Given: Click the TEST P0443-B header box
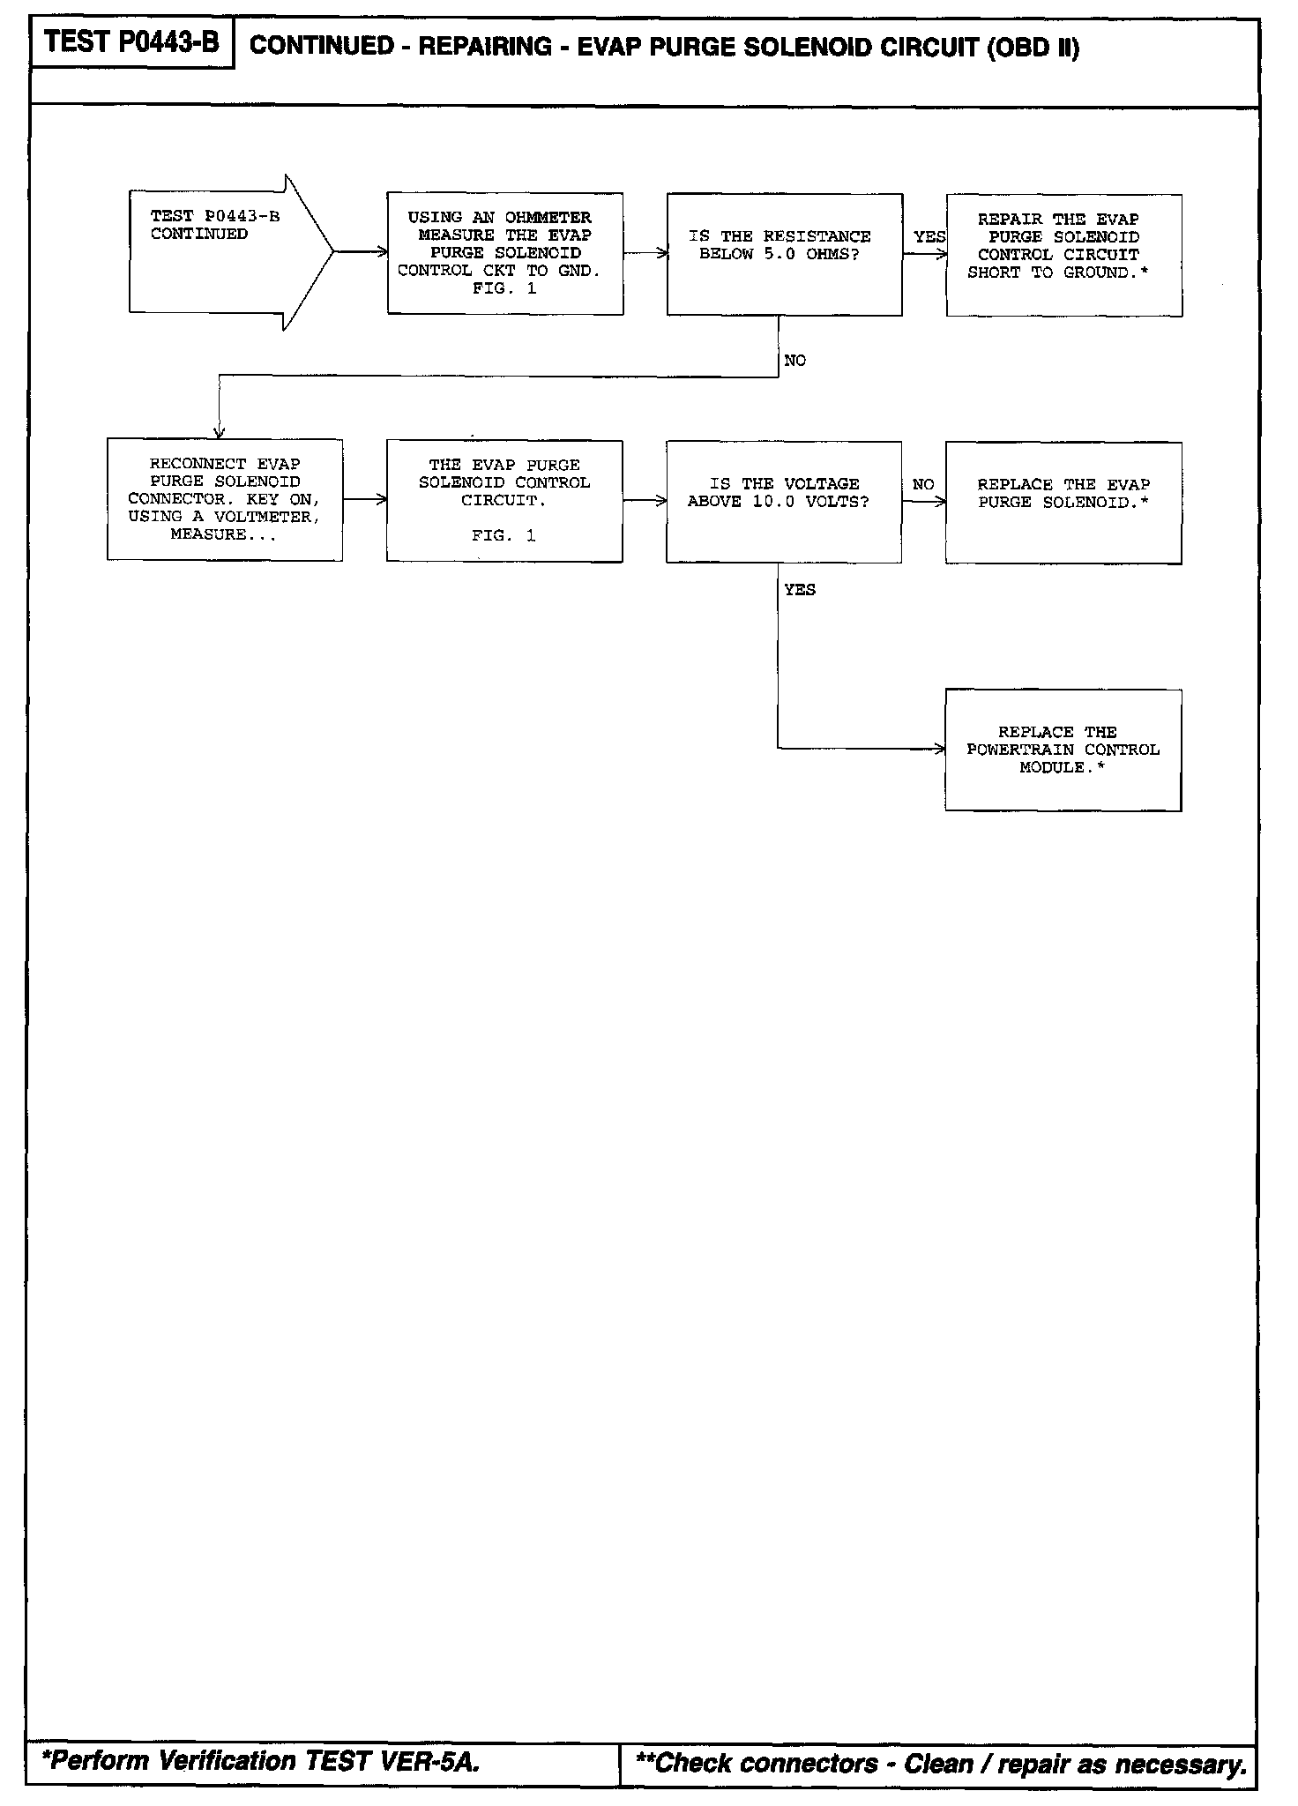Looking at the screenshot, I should click(132, 43).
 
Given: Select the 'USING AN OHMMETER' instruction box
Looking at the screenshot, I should click(505, 253).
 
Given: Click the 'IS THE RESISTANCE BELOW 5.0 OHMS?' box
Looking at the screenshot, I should click(784, 254).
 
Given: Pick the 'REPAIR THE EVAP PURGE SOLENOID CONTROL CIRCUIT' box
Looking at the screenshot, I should click(1063, 255).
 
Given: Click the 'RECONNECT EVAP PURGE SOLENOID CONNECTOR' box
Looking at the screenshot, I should click(225, 499).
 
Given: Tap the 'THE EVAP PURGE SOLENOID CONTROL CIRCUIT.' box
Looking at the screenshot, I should click(504, 501).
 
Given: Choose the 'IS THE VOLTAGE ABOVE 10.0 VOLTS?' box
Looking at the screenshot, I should click(783, 501).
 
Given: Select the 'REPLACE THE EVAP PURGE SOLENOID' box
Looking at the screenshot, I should click(1063, 503).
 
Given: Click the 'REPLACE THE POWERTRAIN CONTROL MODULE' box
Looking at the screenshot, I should click(1063, 750).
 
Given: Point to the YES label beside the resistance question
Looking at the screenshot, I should click(929, 237).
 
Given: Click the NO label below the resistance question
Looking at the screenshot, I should click(794, 361).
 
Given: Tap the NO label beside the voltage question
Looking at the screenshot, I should click(923, 484).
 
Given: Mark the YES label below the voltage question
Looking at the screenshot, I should click(800, 590).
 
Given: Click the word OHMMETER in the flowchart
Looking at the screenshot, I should click(548, 217).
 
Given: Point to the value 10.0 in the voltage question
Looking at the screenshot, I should click(773, 502).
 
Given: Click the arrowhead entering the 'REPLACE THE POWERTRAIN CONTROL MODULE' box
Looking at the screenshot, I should click(941, 750).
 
